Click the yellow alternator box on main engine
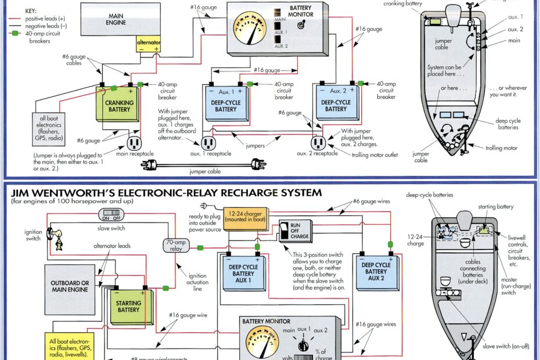[x=148, y=46]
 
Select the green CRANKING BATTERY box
[x=119, y=106]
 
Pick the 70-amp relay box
[x=177, y=245]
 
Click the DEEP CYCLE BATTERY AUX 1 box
[x=243, y=273]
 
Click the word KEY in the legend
[x=26, y=10]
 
